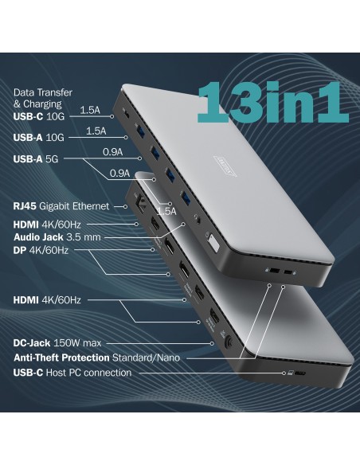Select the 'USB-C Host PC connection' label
pos(72,372)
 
